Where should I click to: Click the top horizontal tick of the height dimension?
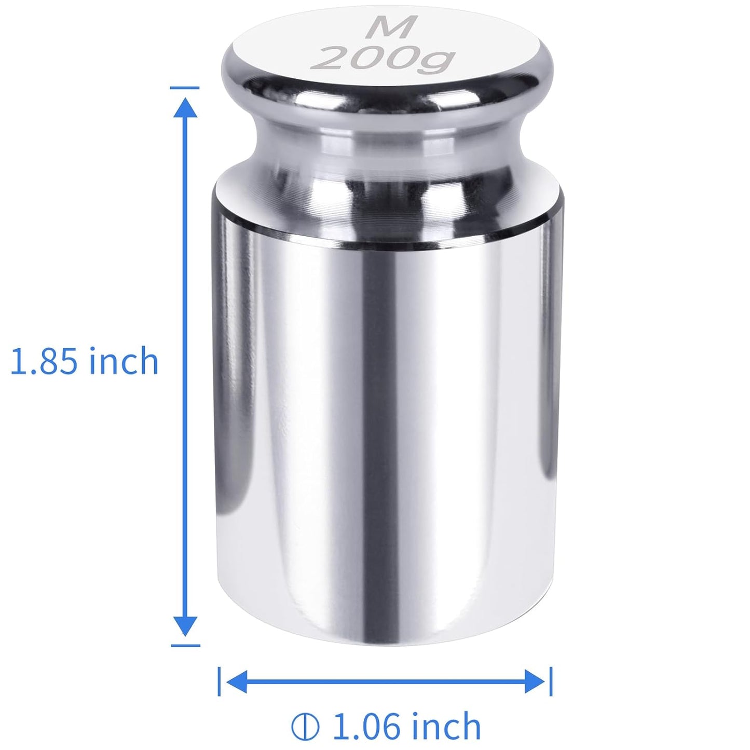[x=185, y=88]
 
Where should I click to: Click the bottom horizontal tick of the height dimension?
[x=185, y=646]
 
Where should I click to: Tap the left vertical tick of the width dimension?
[x=220, y=681]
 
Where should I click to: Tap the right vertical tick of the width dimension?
[x=551, y=681]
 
